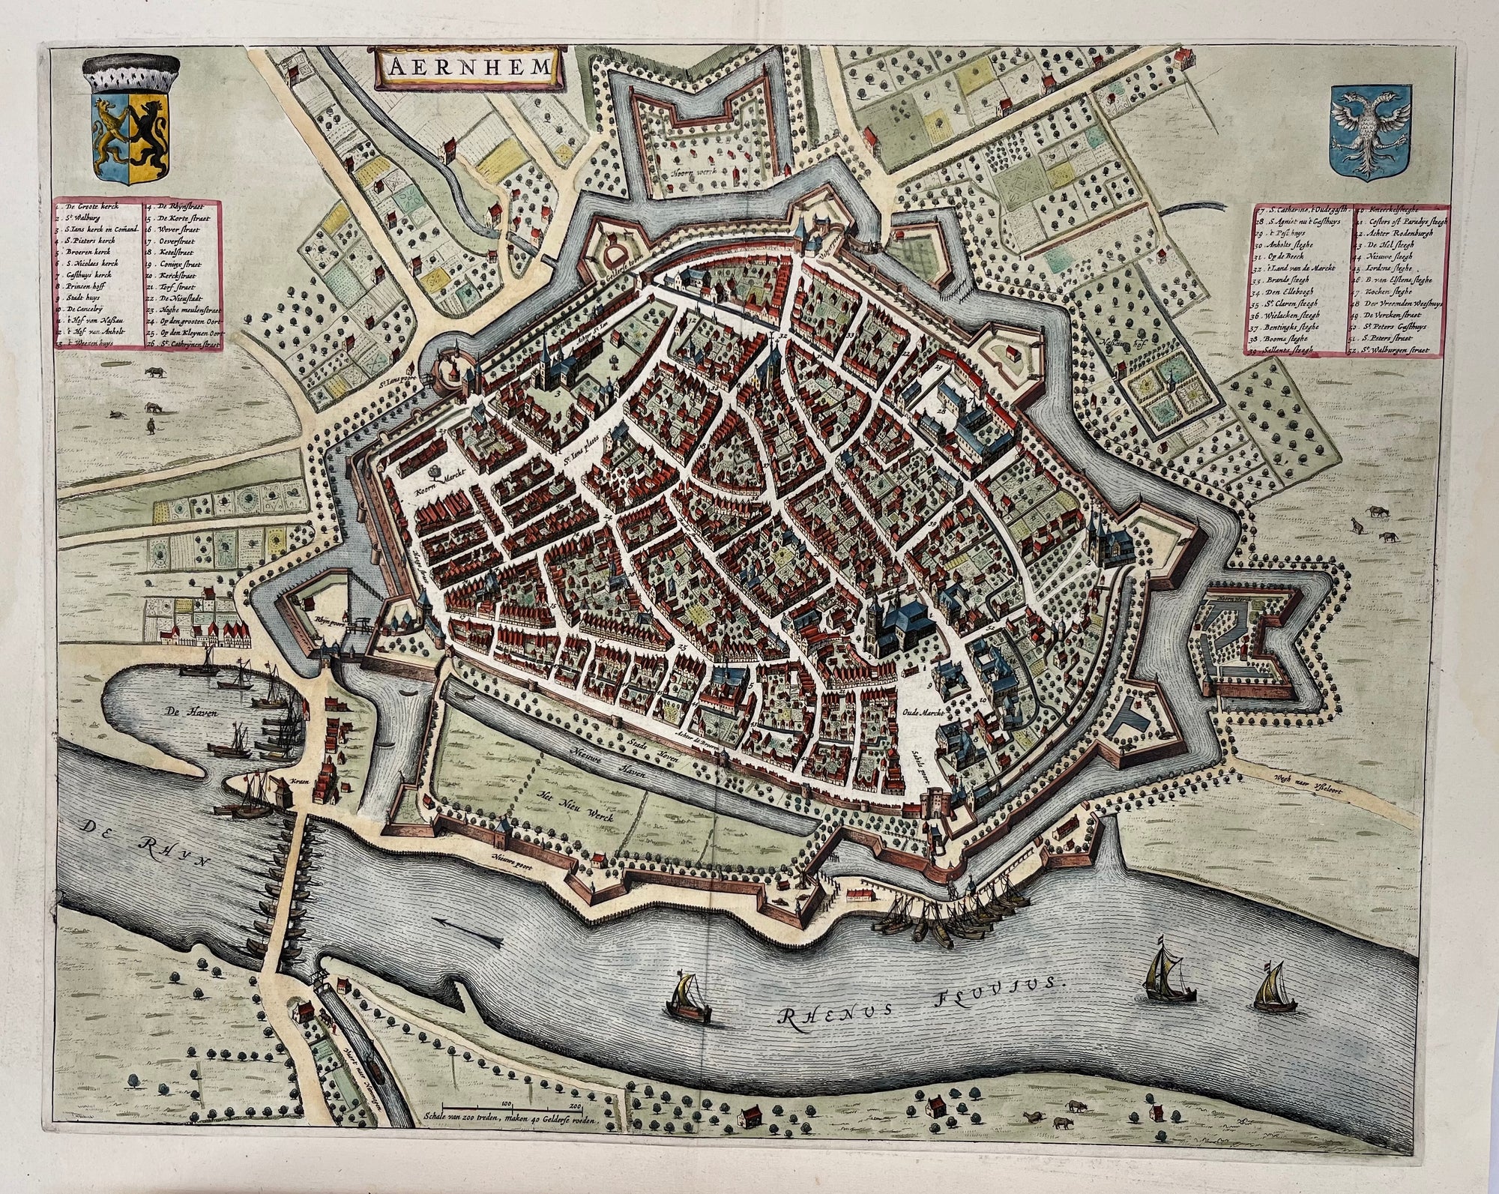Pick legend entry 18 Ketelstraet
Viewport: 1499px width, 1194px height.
point(179,254)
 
